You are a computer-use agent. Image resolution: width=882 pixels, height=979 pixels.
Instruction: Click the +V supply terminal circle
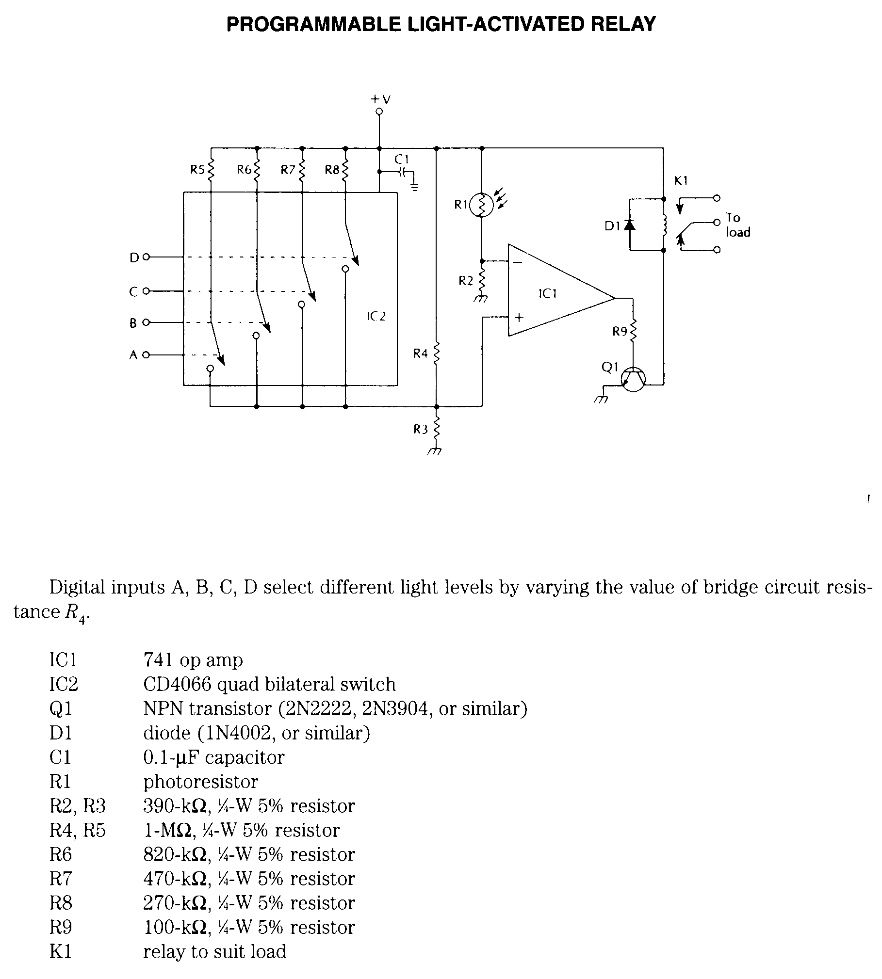379,112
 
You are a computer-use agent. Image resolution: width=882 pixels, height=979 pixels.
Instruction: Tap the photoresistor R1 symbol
481,205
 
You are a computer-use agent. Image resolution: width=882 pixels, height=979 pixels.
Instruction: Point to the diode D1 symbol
630,225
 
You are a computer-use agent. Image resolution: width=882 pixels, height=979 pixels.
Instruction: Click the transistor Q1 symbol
633,380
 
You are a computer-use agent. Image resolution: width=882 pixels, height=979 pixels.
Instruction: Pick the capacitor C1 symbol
403,171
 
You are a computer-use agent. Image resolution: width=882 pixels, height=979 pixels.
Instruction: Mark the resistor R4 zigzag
436,353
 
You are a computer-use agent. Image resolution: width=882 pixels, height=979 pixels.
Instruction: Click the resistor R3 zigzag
436,429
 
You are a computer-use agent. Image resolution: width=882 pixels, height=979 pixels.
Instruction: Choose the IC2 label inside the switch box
376,317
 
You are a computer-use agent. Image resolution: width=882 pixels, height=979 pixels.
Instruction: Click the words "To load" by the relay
737,225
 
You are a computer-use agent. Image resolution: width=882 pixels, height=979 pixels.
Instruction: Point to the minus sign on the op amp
517,262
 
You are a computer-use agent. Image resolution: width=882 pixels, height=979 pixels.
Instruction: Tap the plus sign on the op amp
519,318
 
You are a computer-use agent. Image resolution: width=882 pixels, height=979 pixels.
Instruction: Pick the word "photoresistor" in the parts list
200,781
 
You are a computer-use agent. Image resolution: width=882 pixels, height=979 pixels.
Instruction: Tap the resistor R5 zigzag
211,170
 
